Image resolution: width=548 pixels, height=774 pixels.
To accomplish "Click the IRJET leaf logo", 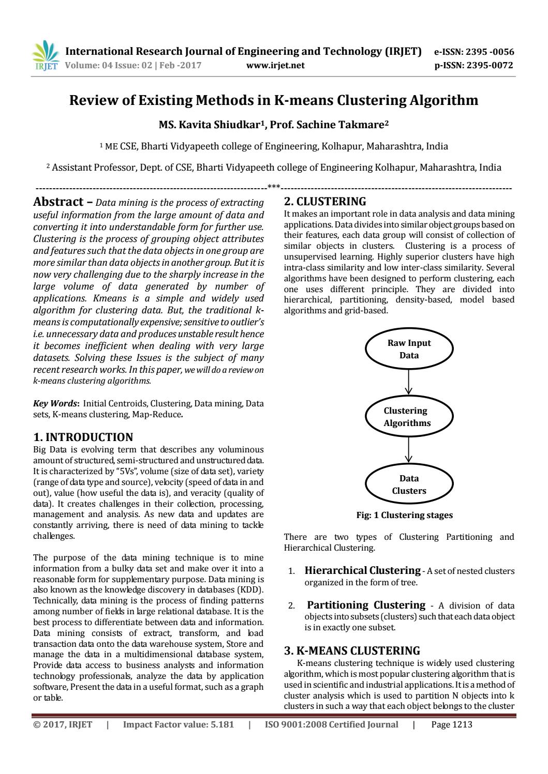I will click(45, 56).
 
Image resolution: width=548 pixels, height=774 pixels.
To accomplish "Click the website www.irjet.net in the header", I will click(275, 65).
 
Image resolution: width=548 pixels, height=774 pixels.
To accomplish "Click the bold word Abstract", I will click(58, 202).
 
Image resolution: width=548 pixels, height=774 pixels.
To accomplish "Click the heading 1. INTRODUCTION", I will click(82, 437).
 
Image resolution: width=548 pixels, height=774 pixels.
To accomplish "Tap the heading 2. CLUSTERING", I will click(325, 202).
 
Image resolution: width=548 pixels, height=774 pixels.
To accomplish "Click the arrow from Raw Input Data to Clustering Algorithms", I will click(409, 382).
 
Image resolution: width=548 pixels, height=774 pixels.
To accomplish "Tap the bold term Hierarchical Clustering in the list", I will click(362, 571).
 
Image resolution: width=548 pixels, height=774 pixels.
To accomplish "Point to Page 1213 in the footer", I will click(451, 724).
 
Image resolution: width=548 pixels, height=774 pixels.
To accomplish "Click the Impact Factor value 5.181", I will click(179, 724).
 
